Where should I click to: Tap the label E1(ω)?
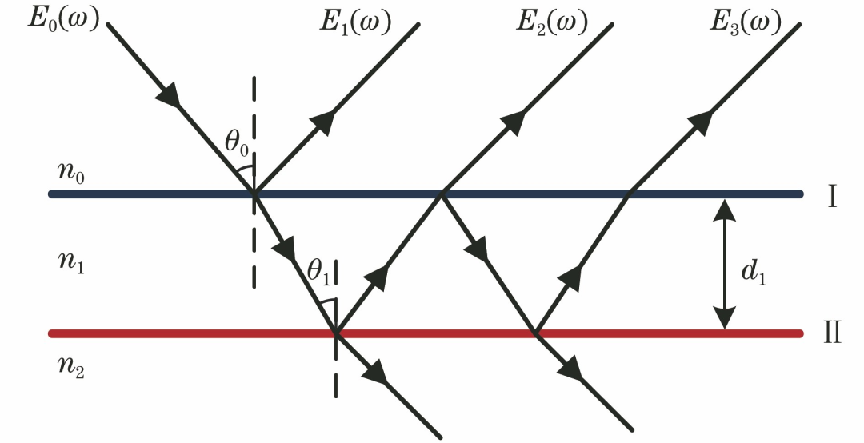[354, 23]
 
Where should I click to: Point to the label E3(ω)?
[745, 23]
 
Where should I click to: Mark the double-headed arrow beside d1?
[725, 264]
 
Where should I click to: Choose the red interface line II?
[432, 333]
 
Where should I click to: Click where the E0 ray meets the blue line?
[254, 194]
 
